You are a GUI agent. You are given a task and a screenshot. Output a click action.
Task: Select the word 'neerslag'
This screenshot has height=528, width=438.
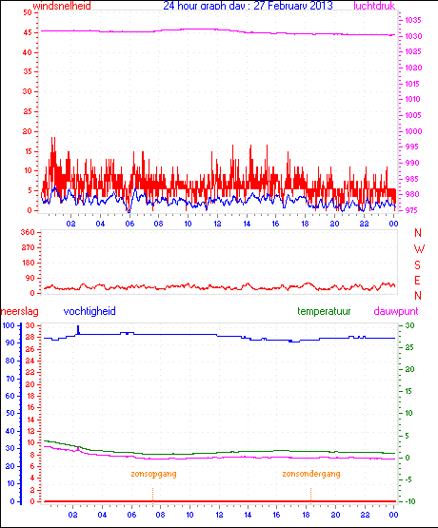click(19, 311)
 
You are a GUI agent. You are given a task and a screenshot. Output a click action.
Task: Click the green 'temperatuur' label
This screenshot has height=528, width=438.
click(323, 311)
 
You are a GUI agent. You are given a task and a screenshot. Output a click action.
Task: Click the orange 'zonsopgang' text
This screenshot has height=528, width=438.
click(153, 473)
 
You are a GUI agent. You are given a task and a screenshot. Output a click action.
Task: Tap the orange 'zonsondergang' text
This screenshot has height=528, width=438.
click(310, 473)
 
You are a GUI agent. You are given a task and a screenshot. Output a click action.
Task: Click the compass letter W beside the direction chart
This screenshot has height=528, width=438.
click(418, 248)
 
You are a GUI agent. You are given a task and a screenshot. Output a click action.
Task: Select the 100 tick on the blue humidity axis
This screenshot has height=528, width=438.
click(9, 325)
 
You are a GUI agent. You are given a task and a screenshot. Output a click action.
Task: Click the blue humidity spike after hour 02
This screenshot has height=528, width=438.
click(78, 329)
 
